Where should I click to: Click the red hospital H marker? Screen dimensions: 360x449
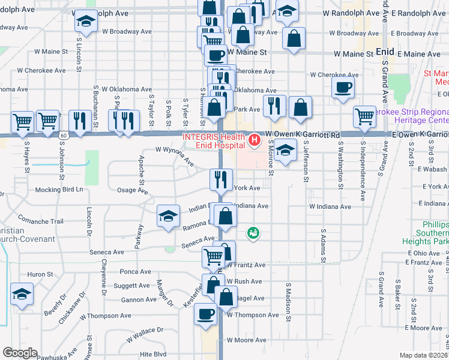point(254,141)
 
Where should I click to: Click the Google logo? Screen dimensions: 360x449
point(19,353)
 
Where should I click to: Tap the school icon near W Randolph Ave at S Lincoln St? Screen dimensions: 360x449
point(86,22)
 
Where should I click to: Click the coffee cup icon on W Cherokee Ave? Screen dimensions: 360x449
point(343,87)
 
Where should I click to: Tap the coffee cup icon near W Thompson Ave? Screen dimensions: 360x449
point(206,314)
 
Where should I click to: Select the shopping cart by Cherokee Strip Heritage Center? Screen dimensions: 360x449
point(364,116)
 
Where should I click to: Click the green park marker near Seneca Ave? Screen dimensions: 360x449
point(253,232)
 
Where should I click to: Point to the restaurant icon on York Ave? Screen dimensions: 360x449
point(221,179)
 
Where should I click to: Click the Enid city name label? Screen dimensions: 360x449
point(384,52)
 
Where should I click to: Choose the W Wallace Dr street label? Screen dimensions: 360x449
point(145,331)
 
